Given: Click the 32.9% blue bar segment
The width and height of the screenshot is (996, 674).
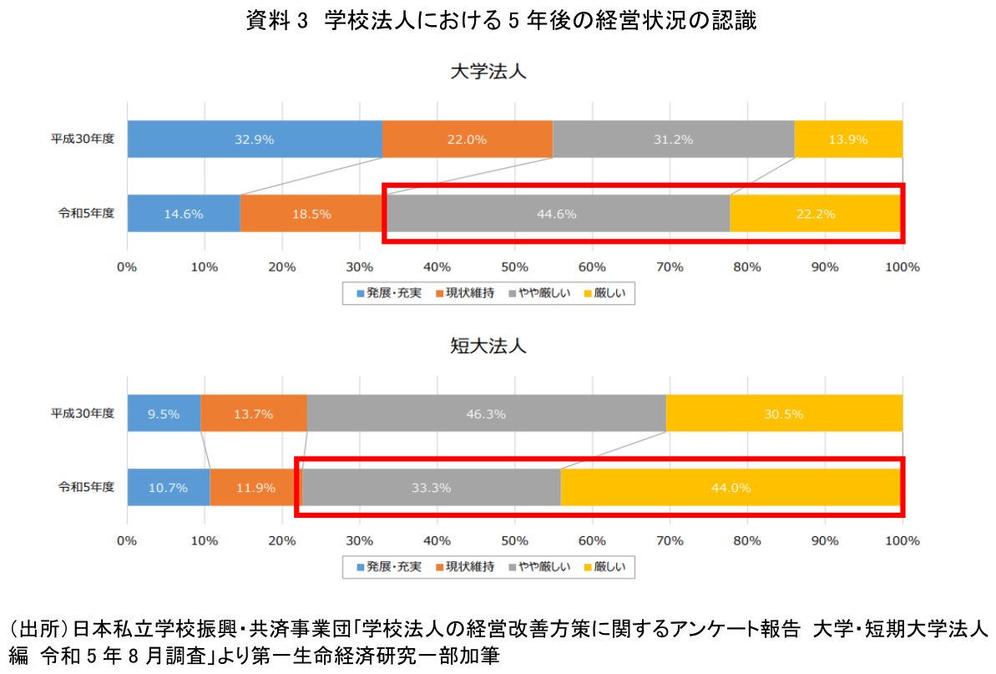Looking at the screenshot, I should click(x=255, y=139).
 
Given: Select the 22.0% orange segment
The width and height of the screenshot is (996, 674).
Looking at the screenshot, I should click(x=467, y=139).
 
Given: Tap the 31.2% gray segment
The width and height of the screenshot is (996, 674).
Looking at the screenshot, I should click(x=673, y=139).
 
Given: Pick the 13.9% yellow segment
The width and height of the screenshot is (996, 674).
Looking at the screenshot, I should click(x=847, y=139).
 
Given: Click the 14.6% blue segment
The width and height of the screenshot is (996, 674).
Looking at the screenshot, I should click(x=183, y=214).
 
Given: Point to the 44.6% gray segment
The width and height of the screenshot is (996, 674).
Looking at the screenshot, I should click(x=557, y=214).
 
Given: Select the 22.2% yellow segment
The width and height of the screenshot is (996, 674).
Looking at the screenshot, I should click(x=816, y=214).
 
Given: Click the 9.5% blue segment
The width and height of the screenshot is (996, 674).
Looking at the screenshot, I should click(x=164, y=413).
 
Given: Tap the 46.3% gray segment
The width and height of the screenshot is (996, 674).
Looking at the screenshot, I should click(x=486, y=413).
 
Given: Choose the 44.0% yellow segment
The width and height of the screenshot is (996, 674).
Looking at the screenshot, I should click(x=731, y=488).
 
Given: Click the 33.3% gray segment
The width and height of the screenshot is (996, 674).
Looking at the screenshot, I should click(x=431, y=488).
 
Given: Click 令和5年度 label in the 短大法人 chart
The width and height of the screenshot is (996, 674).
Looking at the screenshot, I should click(x=86, y=488).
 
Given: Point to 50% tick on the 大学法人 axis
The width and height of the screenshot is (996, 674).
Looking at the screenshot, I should click(x=514, y=267).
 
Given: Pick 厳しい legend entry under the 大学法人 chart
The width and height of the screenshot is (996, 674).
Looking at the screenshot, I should click(x=608, y=293).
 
